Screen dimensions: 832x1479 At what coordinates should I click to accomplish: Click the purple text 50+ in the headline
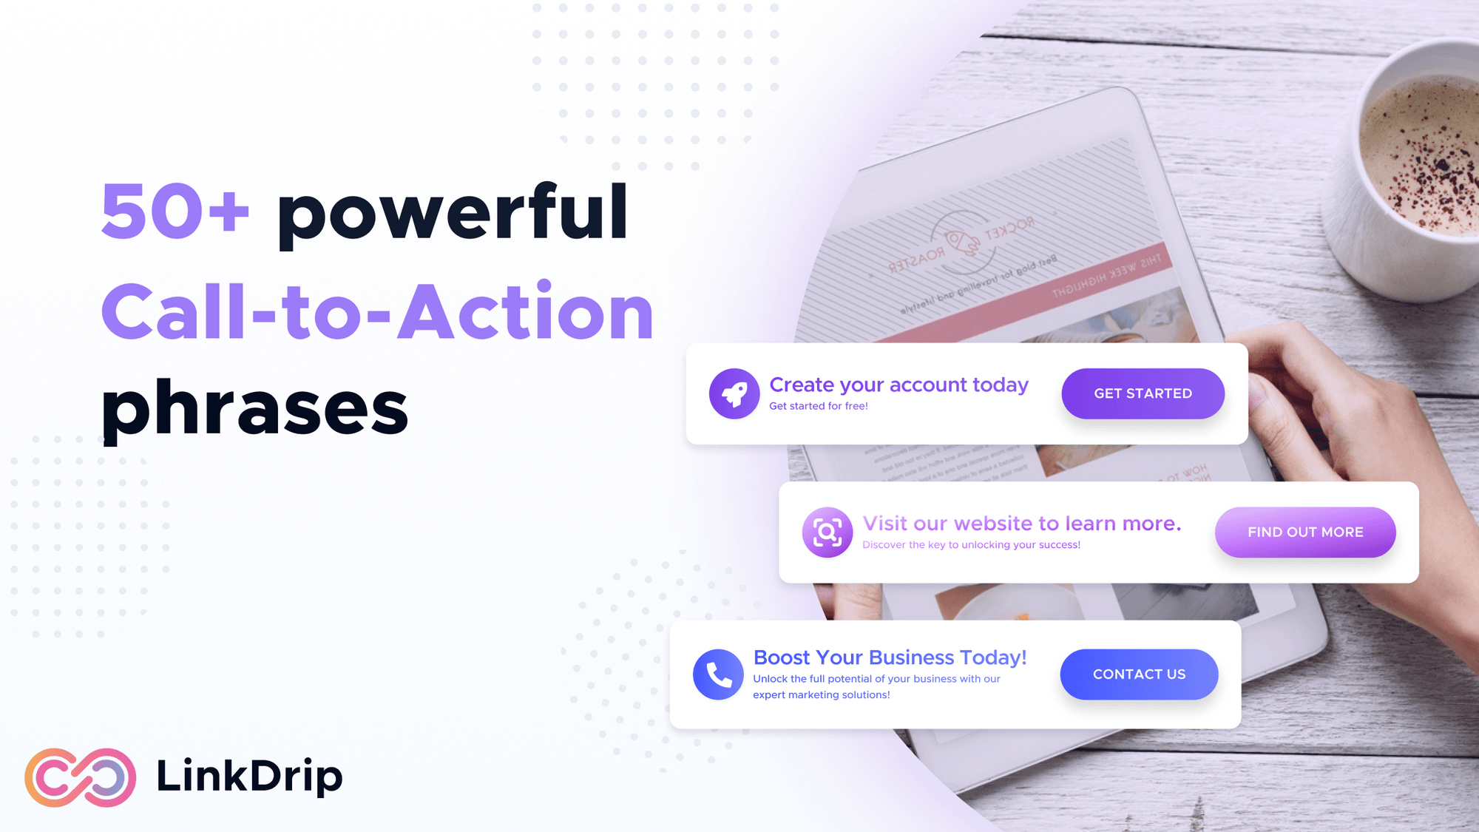point(175,212)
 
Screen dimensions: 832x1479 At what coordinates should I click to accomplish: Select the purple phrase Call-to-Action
point(377,313)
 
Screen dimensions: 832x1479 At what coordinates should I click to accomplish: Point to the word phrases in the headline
point(255,408)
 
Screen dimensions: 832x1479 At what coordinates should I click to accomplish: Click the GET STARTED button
point(1143,393)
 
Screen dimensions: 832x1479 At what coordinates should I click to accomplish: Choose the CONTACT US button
point(1139,674)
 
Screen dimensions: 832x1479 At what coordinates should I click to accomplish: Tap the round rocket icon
point(734,393)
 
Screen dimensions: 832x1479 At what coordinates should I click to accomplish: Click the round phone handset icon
point(718,674)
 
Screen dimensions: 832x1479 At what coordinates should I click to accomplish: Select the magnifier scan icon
point(828,532)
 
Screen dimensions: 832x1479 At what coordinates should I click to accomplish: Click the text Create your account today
point(898,385)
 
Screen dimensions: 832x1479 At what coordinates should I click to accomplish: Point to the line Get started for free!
point(818,406)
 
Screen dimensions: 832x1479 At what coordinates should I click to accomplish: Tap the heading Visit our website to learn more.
point(1021,524)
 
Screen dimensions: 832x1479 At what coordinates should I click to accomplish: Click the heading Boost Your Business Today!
point(890,657)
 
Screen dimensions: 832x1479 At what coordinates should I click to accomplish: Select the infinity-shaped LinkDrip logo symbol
point(81,777)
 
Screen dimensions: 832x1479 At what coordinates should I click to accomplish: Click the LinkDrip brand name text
point(249,777)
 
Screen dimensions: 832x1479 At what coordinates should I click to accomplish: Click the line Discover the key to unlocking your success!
point(971,545)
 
